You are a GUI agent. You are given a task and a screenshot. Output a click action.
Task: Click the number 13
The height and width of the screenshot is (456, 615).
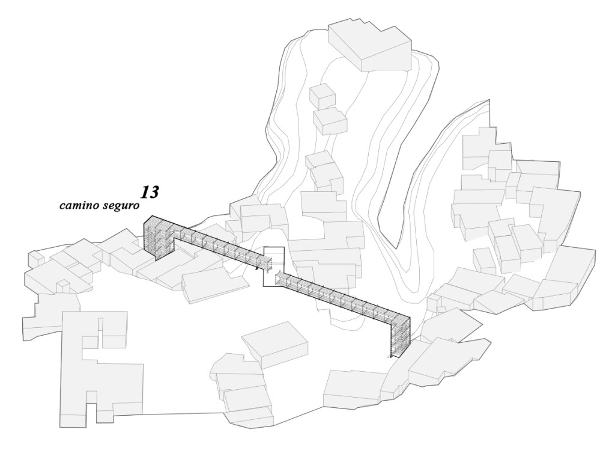coord(150,192)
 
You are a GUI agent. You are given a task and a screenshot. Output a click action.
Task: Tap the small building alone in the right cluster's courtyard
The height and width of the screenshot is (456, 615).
coord(483,260)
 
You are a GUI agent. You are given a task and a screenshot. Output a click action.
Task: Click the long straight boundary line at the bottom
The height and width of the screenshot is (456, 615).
coord(180,413)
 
